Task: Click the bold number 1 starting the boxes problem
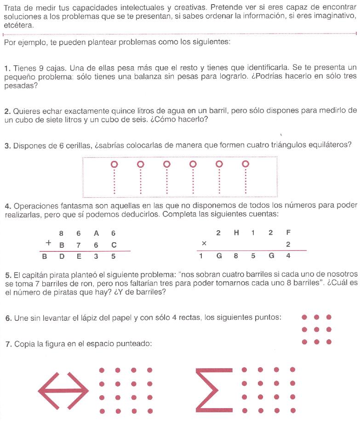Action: point(6,68)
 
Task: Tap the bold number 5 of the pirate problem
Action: point(7,275)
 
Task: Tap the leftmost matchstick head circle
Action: point(114,164)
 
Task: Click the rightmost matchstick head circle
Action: point(246,164)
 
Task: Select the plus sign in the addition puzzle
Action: point(48,245)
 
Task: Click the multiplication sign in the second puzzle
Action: point(204,244)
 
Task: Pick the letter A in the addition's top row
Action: point(96,233)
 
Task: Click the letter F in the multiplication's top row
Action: point(288,233)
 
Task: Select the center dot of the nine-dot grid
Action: point(316,330)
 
